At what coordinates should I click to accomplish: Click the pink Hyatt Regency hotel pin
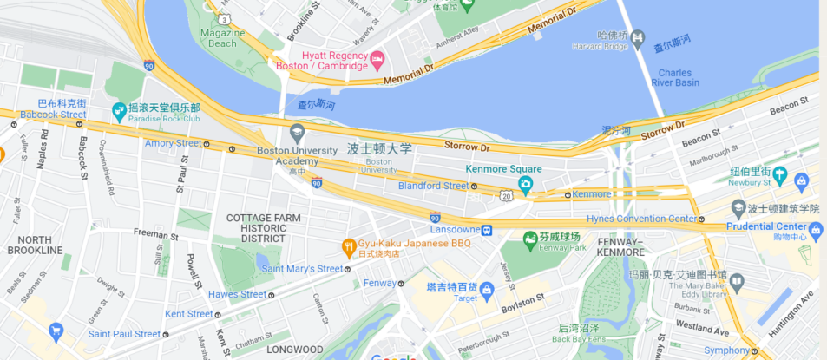coord(377,59)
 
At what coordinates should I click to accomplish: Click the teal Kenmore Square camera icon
coord(525,184)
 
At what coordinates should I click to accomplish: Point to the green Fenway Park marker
coord(529,238)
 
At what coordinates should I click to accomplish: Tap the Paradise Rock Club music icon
coord(120,111)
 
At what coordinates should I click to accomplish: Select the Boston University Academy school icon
coord(297,133)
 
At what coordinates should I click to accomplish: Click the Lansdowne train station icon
coord(488,230)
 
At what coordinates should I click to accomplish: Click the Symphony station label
coord(726,350)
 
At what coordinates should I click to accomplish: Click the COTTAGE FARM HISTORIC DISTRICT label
coord(263,228)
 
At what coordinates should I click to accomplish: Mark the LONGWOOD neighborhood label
coord(294,350)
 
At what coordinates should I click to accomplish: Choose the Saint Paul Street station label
coord(123,333)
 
